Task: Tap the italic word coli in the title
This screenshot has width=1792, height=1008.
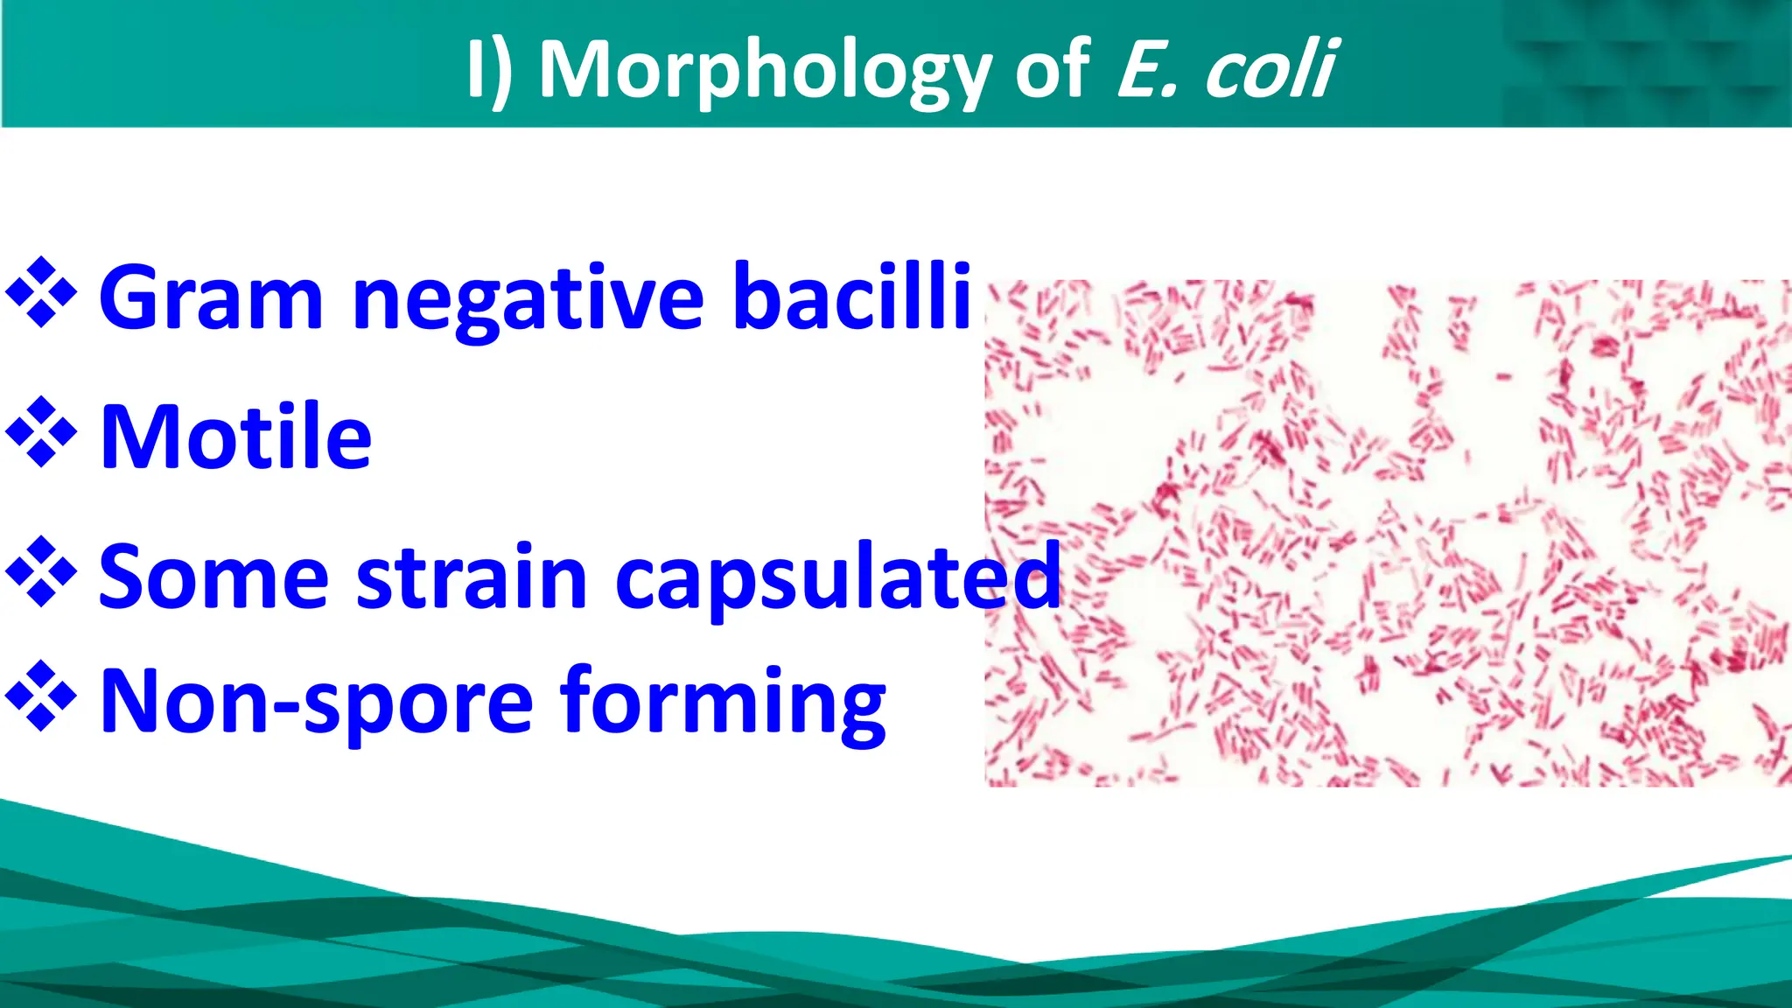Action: coord(1270,70)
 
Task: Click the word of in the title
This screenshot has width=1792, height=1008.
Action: coord(1053,70)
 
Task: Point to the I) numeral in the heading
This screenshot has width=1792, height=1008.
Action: coord(490,70)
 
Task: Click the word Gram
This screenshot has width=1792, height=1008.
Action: coord(211,298)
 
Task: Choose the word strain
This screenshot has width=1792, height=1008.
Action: coord(472,577)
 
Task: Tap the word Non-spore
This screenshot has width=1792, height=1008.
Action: coord(316,703)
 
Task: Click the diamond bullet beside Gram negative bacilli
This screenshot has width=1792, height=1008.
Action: coord(41,292)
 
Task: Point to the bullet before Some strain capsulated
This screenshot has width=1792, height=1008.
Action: coord(41,572)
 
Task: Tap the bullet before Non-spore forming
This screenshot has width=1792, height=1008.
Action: coord(41,696)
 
